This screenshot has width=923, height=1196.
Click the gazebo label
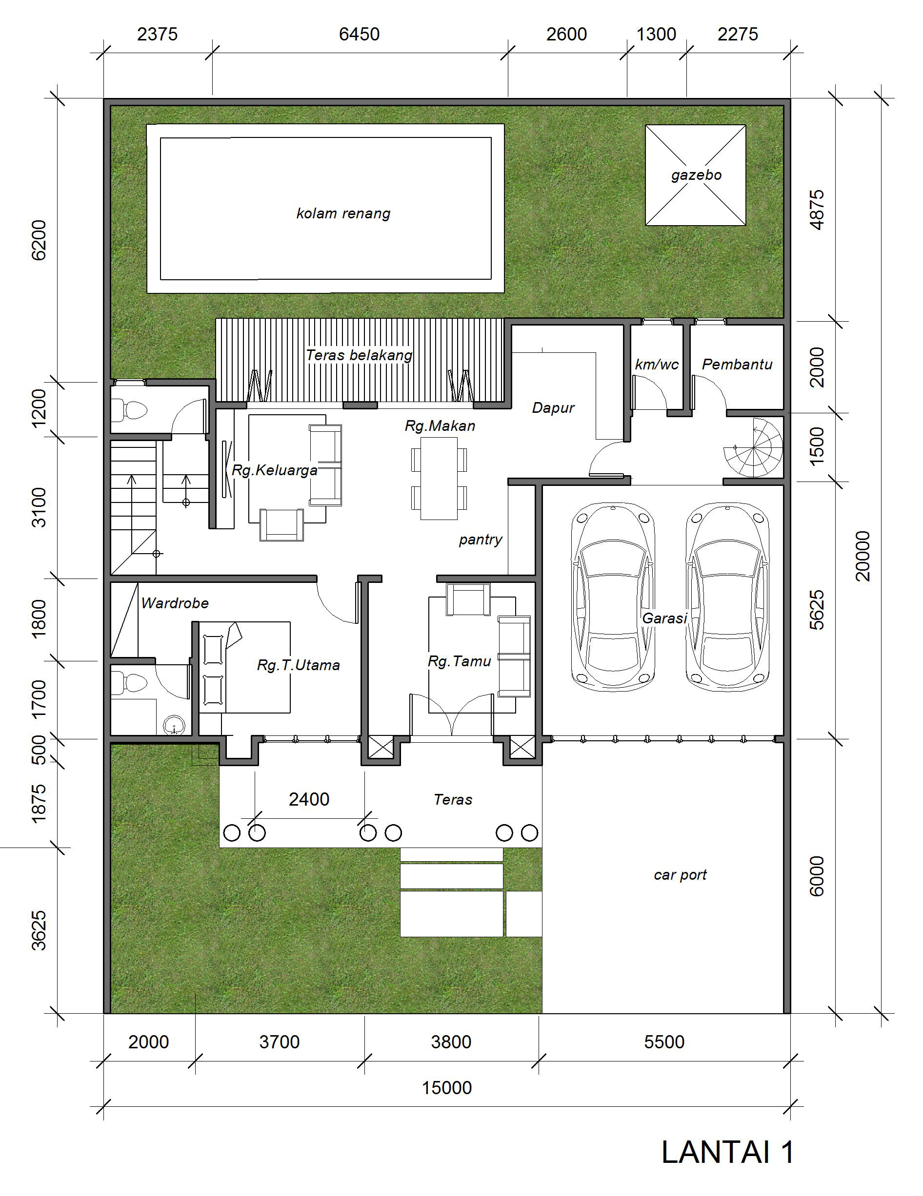point(696,175)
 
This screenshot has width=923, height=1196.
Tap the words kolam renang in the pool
point(343,213)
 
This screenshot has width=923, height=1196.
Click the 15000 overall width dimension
point(447,1088)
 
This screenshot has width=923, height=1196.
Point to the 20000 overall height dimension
point(862,556)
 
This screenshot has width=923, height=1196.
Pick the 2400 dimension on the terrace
point(309,799)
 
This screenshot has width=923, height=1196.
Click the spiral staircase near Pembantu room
point(754,447)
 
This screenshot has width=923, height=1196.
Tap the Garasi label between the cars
point(664,618)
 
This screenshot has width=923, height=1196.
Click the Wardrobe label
point(175,603)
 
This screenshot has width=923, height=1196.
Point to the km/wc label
point(657,364)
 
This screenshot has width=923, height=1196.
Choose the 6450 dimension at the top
point(359,34)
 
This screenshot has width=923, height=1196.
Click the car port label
point(680,874)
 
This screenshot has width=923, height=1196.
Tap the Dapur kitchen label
point(553,407)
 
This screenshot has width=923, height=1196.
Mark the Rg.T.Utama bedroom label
point(298,665)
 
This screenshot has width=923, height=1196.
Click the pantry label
point(481,540)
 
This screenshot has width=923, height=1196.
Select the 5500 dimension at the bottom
point(664,1042)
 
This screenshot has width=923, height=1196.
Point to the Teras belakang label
point(359,355)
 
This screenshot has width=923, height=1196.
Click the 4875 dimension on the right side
point(816,210)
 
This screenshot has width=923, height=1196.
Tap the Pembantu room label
point(737,364)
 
